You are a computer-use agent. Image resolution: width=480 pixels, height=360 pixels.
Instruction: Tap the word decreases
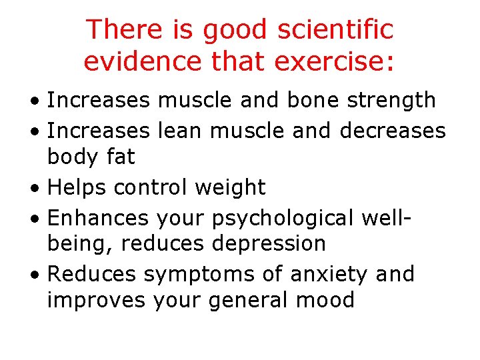click(x=393, y=130)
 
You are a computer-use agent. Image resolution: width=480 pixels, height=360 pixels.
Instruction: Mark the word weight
click(x=230, y=188)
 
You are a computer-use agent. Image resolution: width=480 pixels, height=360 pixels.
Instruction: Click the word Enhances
click(x=99, y=217)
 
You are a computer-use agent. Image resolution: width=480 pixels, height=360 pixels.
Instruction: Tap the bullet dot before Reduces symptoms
click(x=33, y=275)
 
